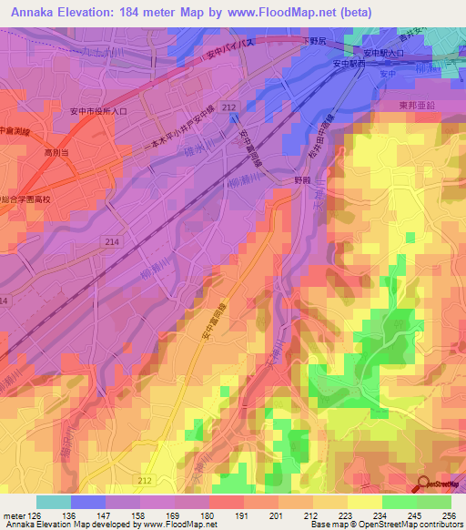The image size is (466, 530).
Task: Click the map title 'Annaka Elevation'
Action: tap(66, 12)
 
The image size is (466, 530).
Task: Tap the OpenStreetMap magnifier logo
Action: tap(423, 484)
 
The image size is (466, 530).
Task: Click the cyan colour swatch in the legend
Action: tap(53, 502)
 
